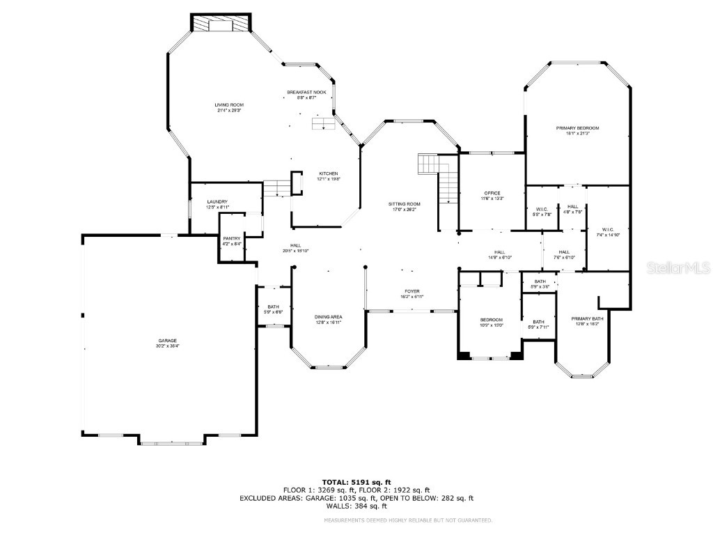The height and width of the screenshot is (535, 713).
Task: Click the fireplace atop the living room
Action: pyautogui.click(x=221, y=24)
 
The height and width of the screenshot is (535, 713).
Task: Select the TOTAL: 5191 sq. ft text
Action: pyautogui.click(x=356, y=482)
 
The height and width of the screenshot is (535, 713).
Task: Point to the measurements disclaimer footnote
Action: pyautogui.click(x=408, y=520)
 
